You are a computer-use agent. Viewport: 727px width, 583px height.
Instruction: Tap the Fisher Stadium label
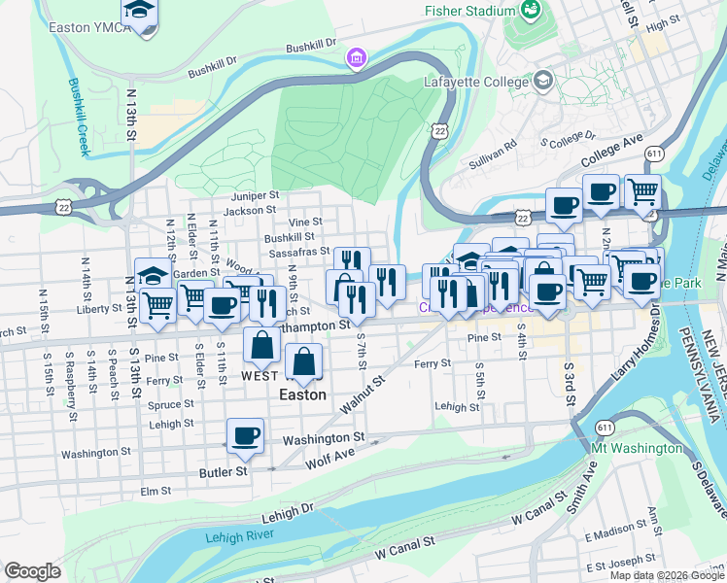[x=468, y=11]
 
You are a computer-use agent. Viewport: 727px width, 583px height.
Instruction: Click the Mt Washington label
[x=637, y=448]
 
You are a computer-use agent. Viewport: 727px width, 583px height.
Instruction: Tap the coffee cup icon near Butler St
[x=245, y=434]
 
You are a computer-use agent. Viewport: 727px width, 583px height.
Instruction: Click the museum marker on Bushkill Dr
[x=357, y=59]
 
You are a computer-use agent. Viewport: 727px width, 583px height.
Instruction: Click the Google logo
[x=32, y=571]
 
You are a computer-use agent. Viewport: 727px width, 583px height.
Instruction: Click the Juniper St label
[x=255, y=194]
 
